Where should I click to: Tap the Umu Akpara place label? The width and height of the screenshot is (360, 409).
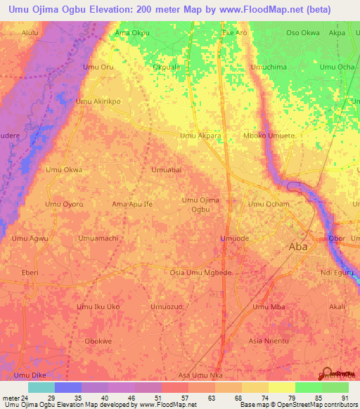[200, 135]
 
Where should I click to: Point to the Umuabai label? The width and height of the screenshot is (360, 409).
[167, 169]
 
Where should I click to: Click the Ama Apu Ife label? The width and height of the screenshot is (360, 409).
[132, 204]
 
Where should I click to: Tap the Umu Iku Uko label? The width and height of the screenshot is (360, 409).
[98, 307]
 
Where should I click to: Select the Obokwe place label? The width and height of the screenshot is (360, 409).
[98, 341]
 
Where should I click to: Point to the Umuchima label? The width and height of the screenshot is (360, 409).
[269, 67]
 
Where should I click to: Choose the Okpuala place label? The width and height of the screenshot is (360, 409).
[167, 67]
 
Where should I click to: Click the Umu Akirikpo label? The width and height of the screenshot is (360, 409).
[98, 101]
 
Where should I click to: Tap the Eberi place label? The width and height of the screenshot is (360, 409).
[30, 272]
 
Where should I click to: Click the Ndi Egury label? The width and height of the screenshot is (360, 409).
[335, 272]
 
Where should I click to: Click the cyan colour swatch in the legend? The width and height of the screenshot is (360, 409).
[41, 387]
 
